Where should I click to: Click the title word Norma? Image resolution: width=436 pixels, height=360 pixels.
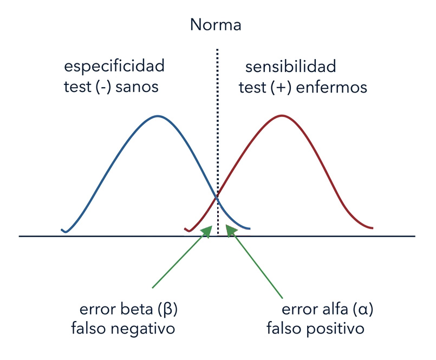[x=216, y=25]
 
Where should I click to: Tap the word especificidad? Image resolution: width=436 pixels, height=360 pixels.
[x=114, y=66]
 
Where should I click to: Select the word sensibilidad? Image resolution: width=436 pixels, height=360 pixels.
[x=290, y=67]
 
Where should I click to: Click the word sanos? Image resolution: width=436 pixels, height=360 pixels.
[x=137, y=87]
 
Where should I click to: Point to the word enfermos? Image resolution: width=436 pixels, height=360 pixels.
[x=331, y=87]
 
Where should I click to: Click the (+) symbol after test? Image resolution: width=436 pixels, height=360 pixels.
[x=281, y=87]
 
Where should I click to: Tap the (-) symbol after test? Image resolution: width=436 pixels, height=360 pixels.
[x=103, y=87]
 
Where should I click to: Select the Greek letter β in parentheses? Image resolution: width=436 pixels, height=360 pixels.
[x=168, y=310]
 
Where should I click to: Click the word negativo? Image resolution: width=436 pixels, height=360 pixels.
[x=142, y=328]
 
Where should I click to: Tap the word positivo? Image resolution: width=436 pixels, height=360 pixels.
[x=335, y=328]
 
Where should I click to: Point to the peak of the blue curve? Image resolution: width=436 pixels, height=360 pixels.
[x=158, y=116]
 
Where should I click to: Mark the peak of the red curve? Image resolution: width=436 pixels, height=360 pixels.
[x=282, y=115]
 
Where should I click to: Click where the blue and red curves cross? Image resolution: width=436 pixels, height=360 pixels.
[x=217, y=198]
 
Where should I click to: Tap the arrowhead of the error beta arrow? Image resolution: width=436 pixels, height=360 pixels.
[x=207, y=232]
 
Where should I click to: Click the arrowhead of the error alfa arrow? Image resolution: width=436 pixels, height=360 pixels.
[x=231, y=231]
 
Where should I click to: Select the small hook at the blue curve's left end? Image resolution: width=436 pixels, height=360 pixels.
[x=64, y=231]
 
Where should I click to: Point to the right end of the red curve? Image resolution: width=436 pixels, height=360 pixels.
[x=372, y=228]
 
